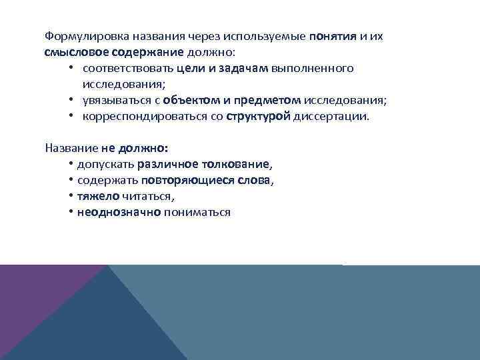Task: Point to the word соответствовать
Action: click(128, 68)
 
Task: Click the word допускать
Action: click(106, 164)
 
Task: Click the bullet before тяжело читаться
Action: click(70, 197)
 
